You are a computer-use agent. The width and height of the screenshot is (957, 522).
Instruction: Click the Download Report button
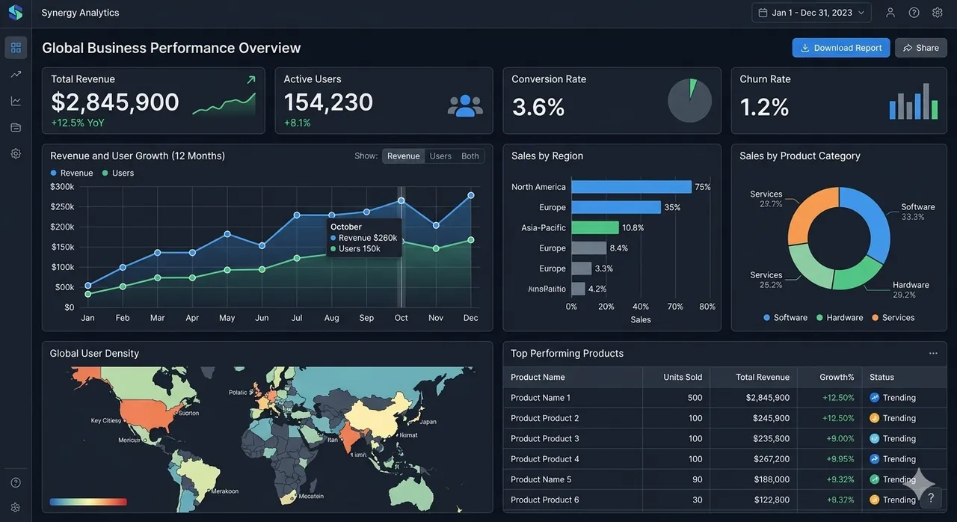[x=840, y=48]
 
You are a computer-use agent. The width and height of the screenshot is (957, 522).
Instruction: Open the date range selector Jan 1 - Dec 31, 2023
[x=811, y=13]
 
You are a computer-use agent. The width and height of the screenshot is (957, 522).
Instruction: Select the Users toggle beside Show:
[x=440, y=156]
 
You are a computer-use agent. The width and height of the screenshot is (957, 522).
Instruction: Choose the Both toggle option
[x=470, y=156]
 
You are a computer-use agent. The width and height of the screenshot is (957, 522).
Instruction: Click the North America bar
[x=631, y=187]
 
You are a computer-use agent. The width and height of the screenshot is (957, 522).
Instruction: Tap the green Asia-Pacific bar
[x=595, y=227]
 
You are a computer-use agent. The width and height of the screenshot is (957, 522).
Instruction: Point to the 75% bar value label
[x=703, y=187]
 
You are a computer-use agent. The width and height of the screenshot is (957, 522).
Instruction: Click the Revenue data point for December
[x=471, y=195]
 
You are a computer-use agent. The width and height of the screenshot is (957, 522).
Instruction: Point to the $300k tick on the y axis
[x=62, y=187]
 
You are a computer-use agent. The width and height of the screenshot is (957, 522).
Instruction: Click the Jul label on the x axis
[x=297, y=318]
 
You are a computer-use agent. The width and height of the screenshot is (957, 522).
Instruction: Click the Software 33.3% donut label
[x=917, y=212]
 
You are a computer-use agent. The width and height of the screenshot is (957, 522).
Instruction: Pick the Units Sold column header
[x=683, y=377]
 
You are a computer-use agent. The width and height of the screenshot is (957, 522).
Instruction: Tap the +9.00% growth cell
[x=840, y=439]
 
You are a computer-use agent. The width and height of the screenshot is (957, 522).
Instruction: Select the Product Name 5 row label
[x=541, y=479]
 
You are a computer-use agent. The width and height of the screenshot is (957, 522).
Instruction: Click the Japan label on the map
[x=428, y=422]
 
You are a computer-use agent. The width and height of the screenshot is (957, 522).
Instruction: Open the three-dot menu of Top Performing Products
[x=933, y=353]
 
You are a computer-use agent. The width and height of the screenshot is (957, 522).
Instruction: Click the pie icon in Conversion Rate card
[x=689, y=101]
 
